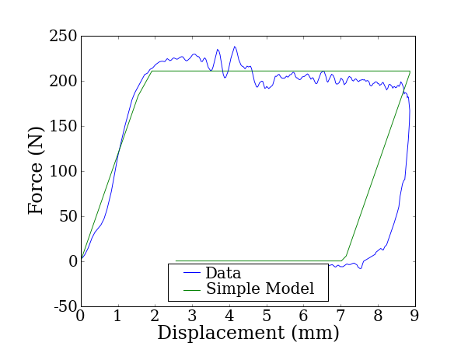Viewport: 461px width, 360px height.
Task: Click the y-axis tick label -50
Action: tap(63, 307)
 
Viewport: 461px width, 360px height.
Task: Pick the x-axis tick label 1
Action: tap(117, 316)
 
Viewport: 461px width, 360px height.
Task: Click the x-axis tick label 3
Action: tap(192, 316)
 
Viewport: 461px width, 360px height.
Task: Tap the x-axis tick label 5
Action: tap(266, 316)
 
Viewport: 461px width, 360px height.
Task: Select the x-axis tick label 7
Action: tap(341, 316)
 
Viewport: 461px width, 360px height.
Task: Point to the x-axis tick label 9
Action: tap(414, 316)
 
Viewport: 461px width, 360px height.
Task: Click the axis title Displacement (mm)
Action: tap(248, 334)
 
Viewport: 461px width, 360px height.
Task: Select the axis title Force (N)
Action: tap(36, 172)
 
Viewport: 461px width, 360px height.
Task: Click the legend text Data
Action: tap(223, 273)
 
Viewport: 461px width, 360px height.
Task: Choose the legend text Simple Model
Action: tap(260, 289)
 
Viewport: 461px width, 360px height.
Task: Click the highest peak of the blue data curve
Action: tap(234, 47)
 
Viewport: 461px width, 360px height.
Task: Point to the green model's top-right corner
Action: tap(409, 72)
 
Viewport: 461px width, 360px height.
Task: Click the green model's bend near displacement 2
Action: tap(152, 72)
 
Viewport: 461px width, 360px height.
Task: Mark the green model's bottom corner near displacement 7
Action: tap(342, 260)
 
